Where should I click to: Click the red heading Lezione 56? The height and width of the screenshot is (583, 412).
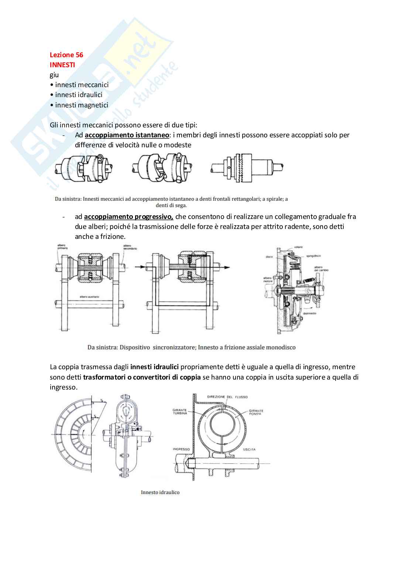point(66,55)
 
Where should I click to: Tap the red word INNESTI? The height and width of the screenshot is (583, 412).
point(62,65)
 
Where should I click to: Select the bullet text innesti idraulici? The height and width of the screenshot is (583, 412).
point(79,95)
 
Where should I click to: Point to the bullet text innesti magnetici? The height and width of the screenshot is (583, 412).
point(82,105)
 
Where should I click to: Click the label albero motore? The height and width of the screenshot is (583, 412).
point(268,280)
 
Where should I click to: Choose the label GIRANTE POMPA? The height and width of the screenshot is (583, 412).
point(256,412)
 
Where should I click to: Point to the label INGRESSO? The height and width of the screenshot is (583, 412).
point(181,449)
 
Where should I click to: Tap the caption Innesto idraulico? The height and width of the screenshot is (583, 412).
point(160,492)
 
